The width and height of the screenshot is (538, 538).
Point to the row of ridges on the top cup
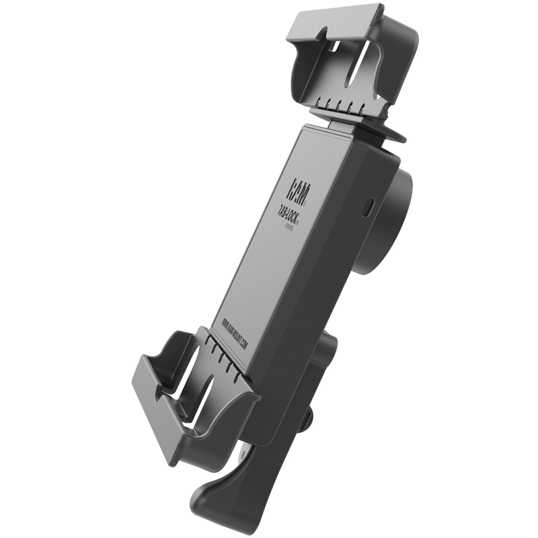coord(343,108)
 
